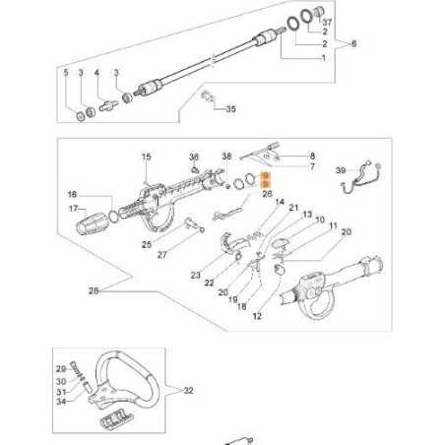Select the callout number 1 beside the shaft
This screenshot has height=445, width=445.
pos(324,59)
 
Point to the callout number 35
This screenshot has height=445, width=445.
pos(231,110)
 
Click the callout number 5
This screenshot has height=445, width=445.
pos(66,74)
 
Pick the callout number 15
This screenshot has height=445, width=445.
pos(146,158)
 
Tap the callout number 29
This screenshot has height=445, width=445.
pos(60,367)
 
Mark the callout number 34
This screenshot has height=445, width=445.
pos(60,401)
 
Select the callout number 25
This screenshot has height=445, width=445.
pos(147,245)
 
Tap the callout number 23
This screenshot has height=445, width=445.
pos(196,276)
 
